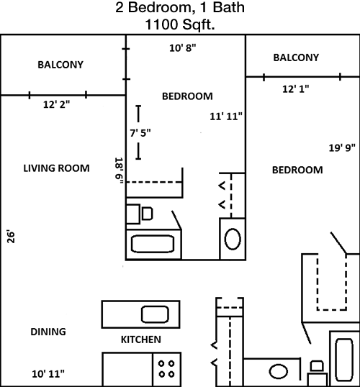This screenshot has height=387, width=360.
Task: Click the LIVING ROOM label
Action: [56, 168]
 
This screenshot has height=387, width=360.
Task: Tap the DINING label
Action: [48, 332]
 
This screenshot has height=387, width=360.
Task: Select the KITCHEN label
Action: [141, 340]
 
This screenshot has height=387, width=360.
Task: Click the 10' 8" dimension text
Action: [183, 48]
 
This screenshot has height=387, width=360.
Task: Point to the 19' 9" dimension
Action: [342, 148]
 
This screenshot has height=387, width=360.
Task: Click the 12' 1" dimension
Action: [296, 89]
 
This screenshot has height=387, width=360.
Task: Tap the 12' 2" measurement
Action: [57, 104]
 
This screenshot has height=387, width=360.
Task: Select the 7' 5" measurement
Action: [140, 133]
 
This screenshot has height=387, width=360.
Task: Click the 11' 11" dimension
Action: [226, 117]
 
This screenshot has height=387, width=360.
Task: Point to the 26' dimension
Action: [11, 237]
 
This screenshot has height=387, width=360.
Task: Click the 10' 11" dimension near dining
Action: [48, 374]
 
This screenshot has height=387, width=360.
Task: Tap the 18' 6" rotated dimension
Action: [119, 170]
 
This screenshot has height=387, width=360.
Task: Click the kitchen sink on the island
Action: [155, 314]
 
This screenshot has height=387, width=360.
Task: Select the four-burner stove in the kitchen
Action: [167, 369]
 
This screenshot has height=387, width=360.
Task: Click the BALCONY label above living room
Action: [60, 65]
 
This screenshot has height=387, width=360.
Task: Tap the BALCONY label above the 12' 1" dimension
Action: [296, 58]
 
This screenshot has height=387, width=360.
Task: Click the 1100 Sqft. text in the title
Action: [179, 24]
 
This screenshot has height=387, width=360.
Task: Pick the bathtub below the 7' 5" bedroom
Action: [153, 244]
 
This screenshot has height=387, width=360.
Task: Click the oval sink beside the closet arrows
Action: [233, 239]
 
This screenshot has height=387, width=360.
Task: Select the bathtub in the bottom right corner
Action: [344, 360]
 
